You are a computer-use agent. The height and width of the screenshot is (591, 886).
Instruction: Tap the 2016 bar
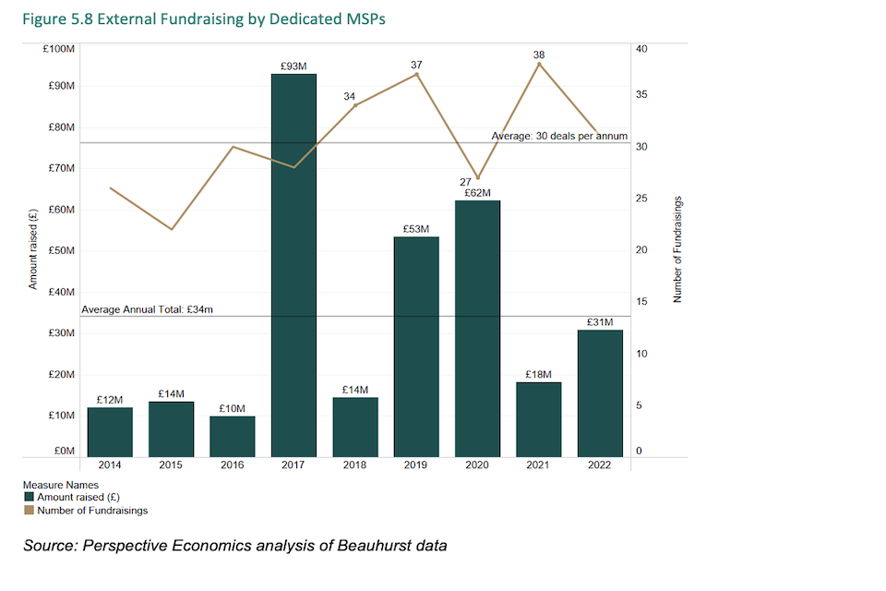point(233,436)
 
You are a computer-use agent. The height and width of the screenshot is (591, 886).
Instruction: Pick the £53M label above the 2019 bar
point(416,228)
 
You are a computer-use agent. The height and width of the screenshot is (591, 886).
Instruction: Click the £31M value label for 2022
point(600,321)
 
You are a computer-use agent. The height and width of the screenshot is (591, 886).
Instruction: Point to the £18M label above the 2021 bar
point(538,374)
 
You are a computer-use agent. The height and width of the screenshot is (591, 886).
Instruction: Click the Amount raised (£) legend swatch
point(29,497)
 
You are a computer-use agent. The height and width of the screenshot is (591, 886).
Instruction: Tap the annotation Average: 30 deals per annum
point(559,136)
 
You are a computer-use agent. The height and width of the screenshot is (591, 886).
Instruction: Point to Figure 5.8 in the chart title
point(54,18)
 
